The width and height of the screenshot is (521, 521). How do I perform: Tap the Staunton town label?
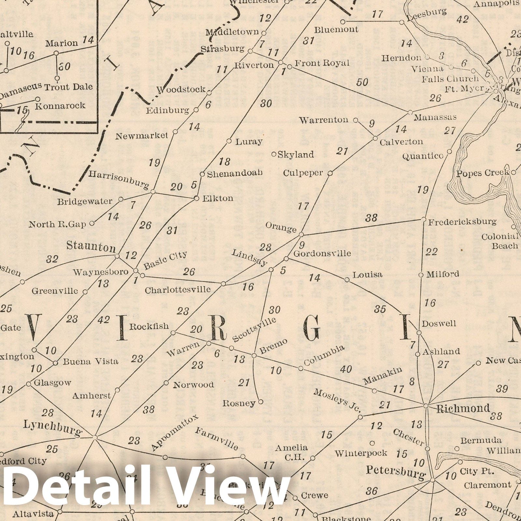[91, 246]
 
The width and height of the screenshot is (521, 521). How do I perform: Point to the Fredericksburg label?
[462, 222]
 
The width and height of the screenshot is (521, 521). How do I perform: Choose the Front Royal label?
[322, 63]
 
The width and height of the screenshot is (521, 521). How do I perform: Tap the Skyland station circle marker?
[274, 154]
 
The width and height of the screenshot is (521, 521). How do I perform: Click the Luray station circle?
[229, 141]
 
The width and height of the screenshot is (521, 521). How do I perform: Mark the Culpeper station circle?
[330, 173]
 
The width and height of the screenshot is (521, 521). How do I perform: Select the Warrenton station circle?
[356, 120]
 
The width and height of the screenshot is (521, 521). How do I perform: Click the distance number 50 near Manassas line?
[362, 82]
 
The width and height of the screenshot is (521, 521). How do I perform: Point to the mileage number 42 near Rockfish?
[104, 320]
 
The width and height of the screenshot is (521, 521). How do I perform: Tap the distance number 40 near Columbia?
[346, 369]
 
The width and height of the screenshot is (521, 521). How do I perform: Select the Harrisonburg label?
[119, 179]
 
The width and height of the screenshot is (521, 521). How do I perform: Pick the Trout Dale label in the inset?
[68, 87]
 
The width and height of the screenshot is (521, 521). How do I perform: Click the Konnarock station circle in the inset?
[38, 99]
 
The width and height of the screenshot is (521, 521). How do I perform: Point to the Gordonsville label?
[322, 253]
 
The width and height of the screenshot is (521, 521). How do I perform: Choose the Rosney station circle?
[260, 402]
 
